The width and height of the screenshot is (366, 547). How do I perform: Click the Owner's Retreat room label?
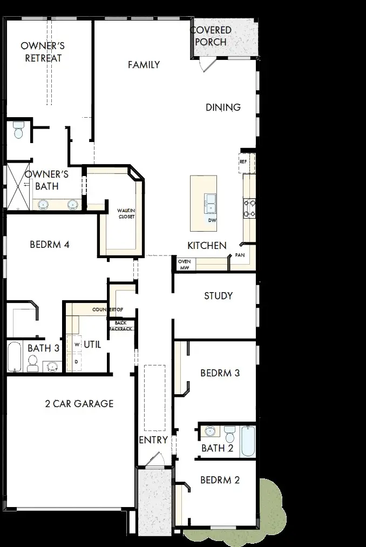click(43, 52)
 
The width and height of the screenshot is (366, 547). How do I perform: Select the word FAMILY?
click(144, 65)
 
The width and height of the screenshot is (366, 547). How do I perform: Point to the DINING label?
click(223, 107)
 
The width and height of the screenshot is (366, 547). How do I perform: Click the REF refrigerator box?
click(243, 161)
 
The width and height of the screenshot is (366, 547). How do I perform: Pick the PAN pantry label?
click(240, 254)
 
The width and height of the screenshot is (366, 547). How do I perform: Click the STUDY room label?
click(218, 295)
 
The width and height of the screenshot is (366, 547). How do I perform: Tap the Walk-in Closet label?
click(126, 213)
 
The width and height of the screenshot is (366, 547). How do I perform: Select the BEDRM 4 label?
click(49, 245)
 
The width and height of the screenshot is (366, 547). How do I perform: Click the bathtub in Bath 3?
click(15, 357)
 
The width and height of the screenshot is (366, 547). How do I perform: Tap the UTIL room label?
click(92, 344)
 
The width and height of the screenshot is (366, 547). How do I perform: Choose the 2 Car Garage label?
click(79, 403)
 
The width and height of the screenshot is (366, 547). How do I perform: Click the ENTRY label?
click(153, 440)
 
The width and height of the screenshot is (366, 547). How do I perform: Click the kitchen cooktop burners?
click(249, 207)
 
